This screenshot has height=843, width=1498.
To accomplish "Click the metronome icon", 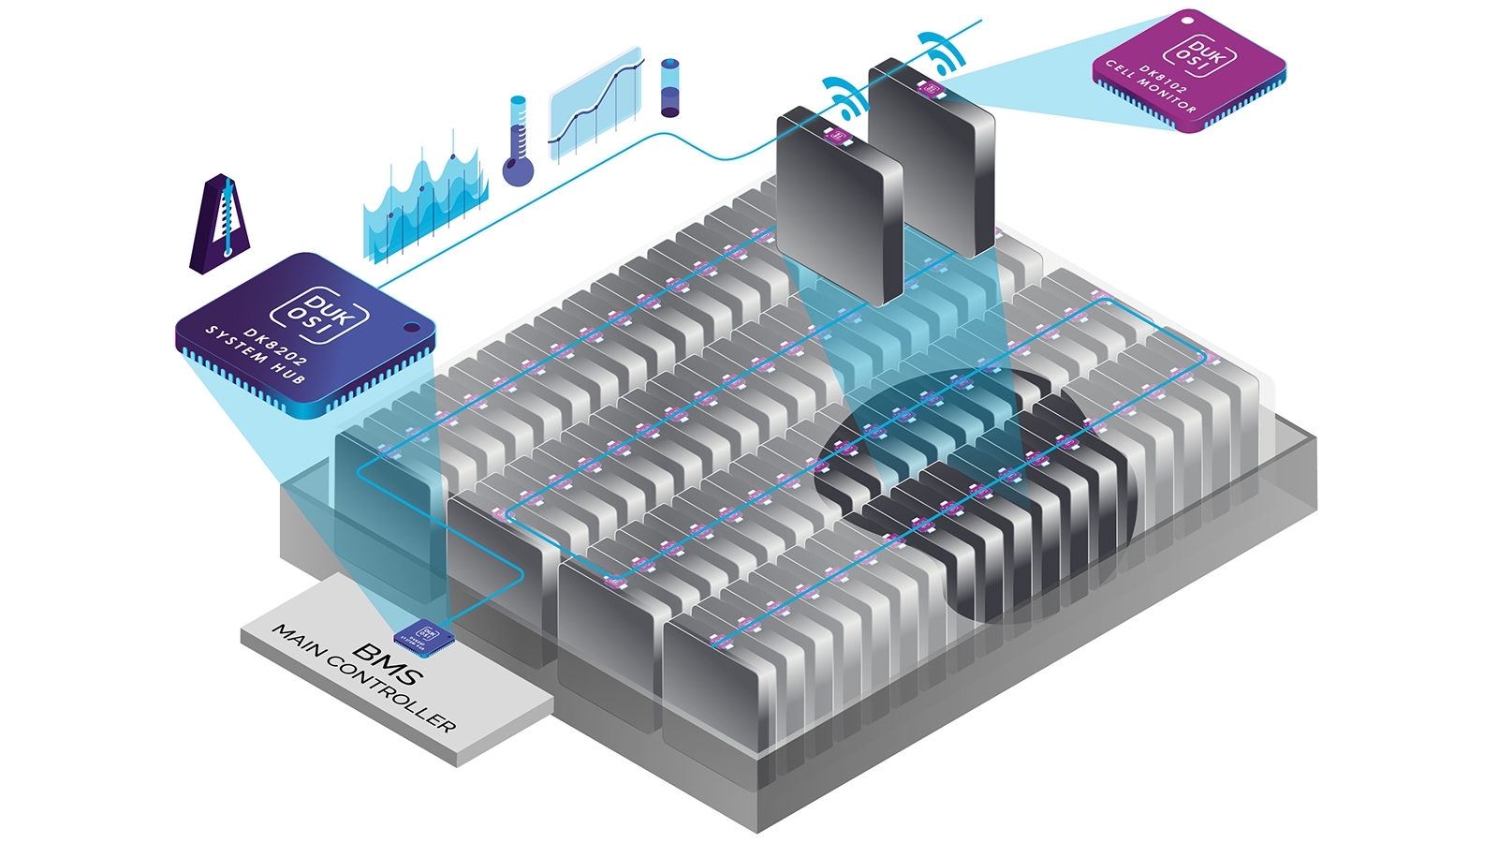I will [x=219, y=225].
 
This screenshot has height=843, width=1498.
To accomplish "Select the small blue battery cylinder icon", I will [x=669, y=88].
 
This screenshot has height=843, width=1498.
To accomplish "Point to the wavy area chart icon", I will [x=423, y=202].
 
